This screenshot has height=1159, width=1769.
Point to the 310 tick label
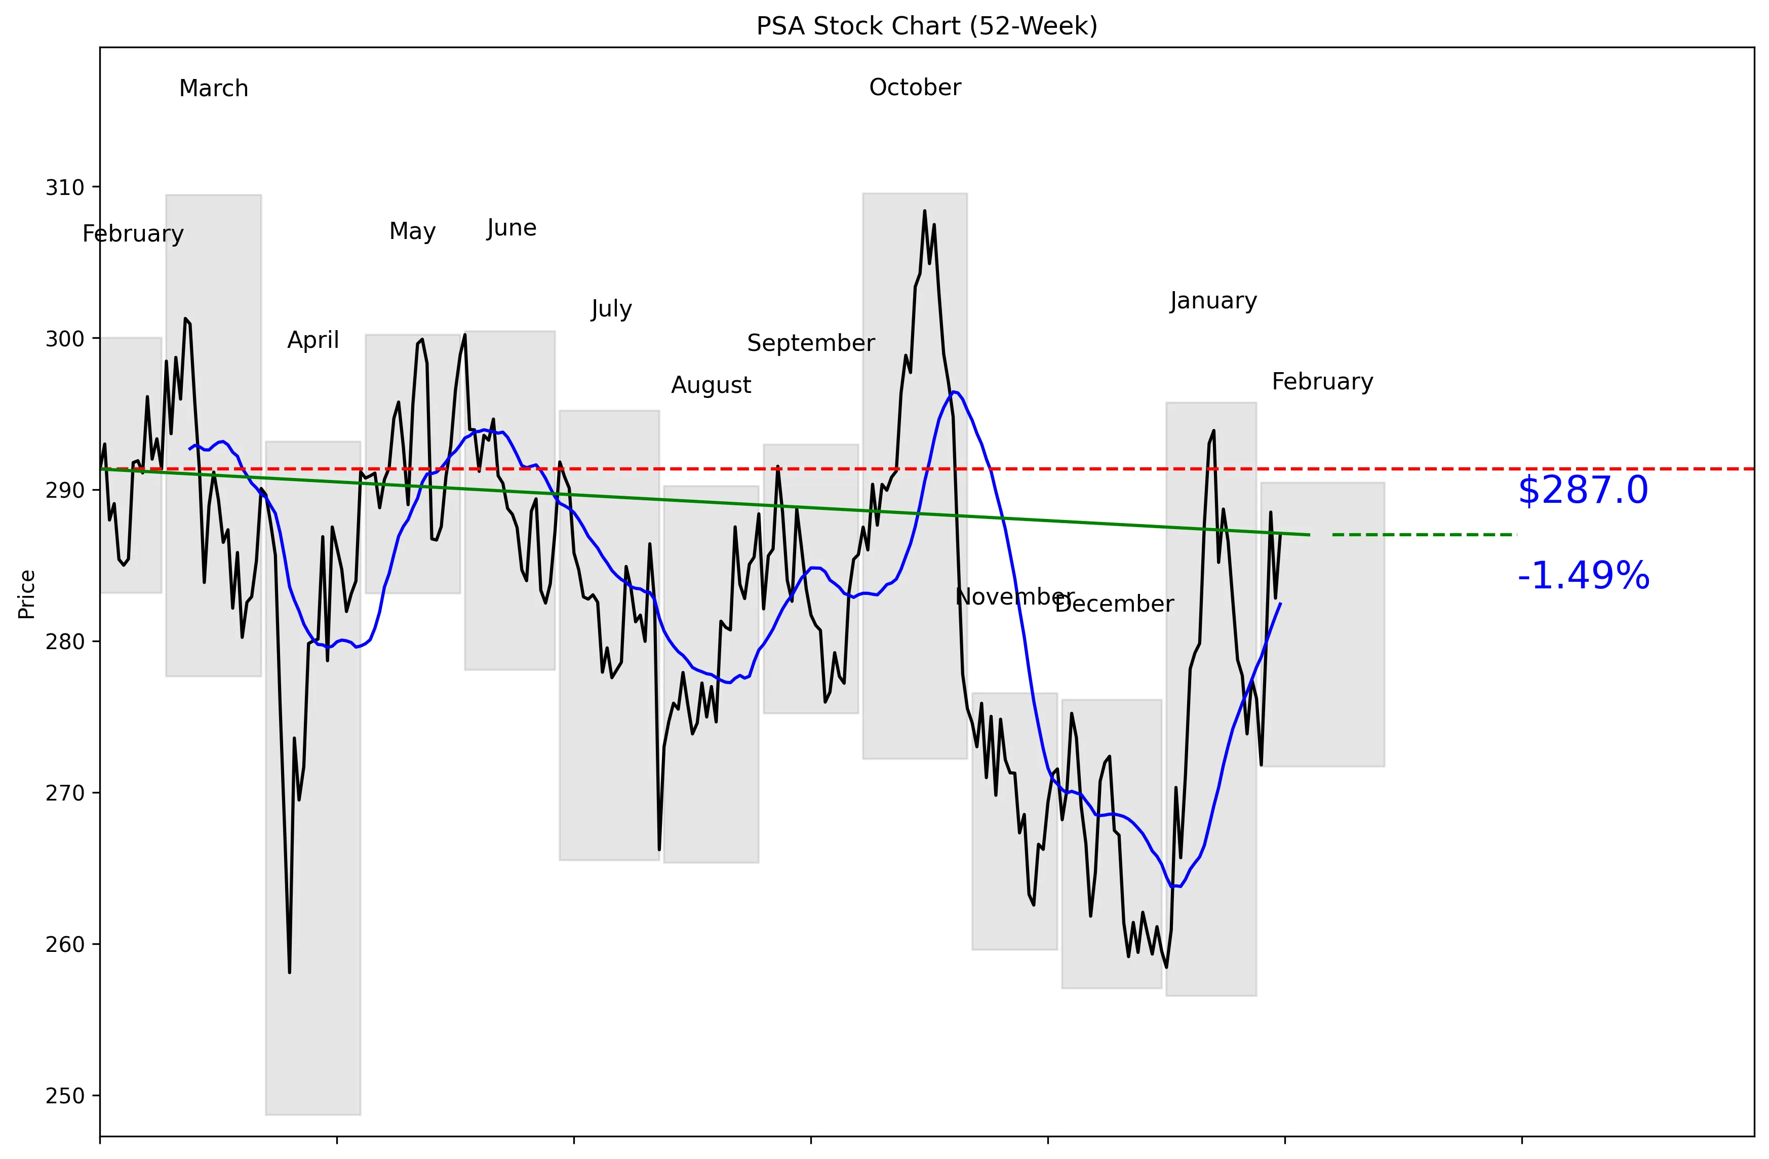click(65, 188)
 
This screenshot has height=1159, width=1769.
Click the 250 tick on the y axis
click(65, 1097)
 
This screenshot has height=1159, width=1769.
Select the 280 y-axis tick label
click(65, 642)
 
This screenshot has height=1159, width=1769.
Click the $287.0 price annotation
click(1583, 491)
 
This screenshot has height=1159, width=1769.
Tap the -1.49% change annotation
click(1583, 577)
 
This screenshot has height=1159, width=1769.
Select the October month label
click(915, 88)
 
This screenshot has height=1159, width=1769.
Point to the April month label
click(313, 340)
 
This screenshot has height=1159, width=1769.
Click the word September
click(811, 343)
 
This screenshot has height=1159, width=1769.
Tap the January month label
click(1213, 301)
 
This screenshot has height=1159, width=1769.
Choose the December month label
click(1114, 604)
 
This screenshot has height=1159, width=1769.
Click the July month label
click(611, 309)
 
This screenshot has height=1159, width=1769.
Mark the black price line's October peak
click(925, 211)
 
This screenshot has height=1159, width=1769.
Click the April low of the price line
click(289, 972)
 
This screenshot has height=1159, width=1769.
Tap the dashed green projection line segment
click(1424, 535)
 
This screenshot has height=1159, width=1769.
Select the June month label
click(512, 228)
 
